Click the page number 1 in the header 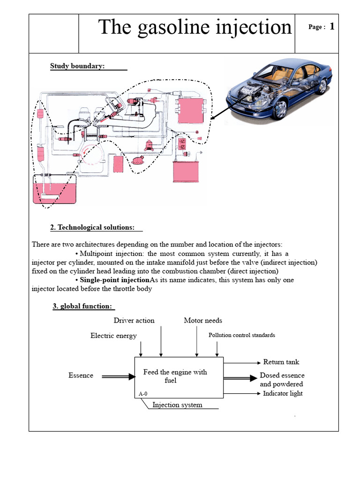coord(332,27)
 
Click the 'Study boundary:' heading coord(77,66)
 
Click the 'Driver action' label coord(134,321)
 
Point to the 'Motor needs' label coord(203,321)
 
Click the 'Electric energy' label coord(113,336)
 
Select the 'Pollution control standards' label coord(242,335)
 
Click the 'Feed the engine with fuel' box coord(174,376)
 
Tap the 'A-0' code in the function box coord(143,394)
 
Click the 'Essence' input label coord(81,375)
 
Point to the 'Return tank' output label coord(281,362)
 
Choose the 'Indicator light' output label coord(283,393)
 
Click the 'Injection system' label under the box coord(177,405)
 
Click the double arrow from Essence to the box coord(118,376)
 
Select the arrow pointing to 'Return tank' coord(242,362)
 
